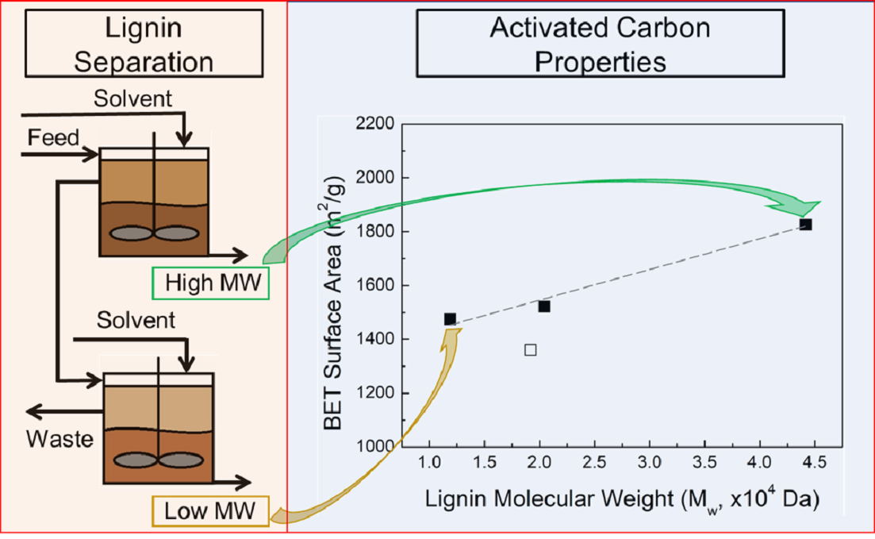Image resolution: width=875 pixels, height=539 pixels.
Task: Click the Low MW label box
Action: point(210,511)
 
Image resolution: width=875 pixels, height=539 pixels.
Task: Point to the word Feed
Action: point(54,137)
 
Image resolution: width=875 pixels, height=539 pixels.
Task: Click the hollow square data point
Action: point(531,349)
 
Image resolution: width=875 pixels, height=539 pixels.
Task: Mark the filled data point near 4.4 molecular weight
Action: point(805,225)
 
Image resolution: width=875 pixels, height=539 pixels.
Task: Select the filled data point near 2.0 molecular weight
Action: point(543,306)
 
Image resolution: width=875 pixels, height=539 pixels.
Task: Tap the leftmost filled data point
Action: point(450,319)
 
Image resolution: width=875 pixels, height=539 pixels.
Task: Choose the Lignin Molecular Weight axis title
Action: point(621,500)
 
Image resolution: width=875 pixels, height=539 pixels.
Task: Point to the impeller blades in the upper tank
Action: point(155,235)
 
